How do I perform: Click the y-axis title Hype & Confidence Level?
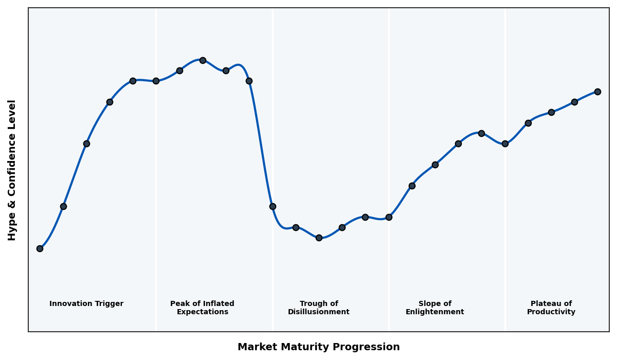coord(12,170)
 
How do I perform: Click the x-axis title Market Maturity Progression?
coord(318,347)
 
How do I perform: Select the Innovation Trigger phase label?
coord(86,304)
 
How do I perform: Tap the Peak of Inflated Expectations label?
coord(202,308)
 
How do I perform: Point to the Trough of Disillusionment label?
coord(318,308)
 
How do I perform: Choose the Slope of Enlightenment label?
coord(434,308)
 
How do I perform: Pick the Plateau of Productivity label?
coord(551,308)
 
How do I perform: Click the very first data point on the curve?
coord(40,248)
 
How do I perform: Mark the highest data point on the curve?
coord(203,60)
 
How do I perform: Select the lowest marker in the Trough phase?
coord(319,238)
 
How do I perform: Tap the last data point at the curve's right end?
coord(597,92)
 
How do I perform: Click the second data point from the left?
coord(63,206)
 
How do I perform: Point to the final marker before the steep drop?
coord(249,81)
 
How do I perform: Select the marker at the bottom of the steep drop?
coord(273,206)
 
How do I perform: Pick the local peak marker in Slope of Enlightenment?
coord(481,133)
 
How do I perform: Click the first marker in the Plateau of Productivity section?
coord(505,143)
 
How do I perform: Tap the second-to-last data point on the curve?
coord(574,102)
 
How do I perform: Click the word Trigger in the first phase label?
coord(109,304)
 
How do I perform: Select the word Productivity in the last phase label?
coord(551,312)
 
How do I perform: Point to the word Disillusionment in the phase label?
coord(318,312)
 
